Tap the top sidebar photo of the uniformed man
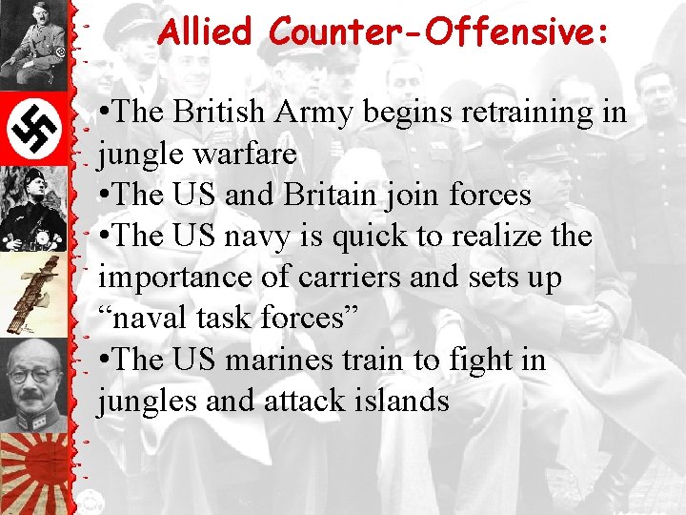click(x=33, y=43)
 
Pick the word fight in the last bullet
click(x=461, y=360)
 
